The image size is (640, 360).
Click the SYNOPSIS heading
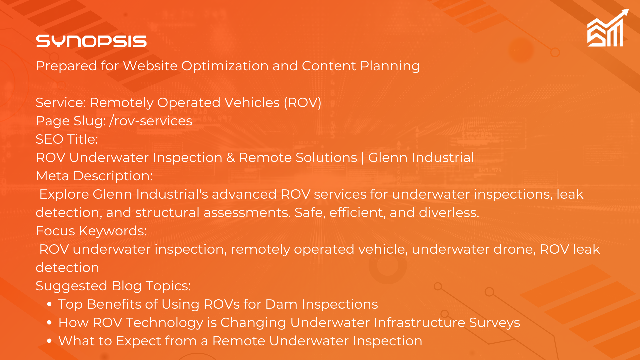[x=91, y=41]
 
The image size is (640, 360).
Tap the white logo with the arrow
[x=608, y=28]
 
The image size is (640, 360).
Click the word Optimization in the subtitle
[x=225, y=66]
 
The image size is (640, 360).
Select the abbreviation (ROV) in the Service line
[x=302, y=103]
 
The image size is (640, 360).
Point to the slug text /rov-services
[x=151, y=121]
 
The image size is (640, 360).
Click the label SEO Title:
[x=67, y=139]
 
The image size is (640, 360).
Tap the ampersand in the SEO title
[x=231, y=158]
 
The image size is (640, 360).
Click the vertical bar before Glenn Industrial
[x=363, y=158]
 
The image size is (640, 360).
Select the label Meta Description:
[x=94, y=176]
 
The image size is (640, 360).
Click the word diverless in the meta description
[x=449, y=213]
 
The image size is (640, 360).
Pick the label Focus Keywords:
[x=91, y=231]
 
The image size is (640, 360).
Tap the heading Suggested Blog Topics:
[x=113, y=286]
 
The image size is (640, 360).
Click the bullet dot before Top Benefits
[x=49, y=304]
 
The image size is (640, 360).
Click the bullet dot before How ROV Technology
[x=49, y=323]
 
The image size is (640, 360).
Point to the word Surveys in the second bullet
[x=495, y=323]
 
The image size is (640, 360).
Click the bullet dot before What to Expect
[x=49, y=341]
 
